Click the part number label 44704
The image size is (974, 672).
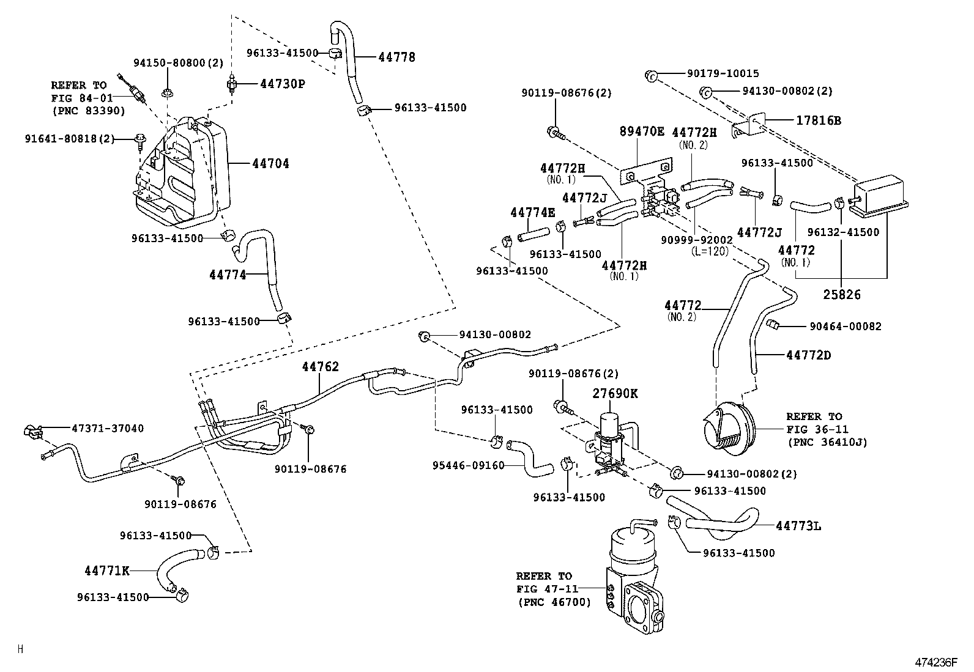click(x=270, y=164)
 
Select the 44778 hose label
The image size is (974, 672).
click(x=396, y=57)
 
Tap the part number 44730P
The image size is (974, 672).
click(x=282, y=84)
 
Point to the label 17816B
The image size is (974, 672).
click(x=818, y=121)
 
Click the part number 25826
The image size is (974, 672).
click(x=841, y=295)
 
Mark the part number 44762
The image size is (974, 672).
click(x=320, y=367)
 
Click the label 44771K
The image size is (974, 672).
click(x=107, y=570)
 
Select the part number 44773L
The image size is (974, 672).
click(x=798, y=525)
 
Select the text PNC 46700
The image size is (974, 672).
click(x=554, y=602)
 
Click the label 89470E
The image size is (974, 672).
click(x=642, y=131)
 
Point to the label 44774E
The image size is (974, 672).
click(x=532, y=213)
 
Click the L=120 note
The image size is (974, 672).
click(x=710, y=251)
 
